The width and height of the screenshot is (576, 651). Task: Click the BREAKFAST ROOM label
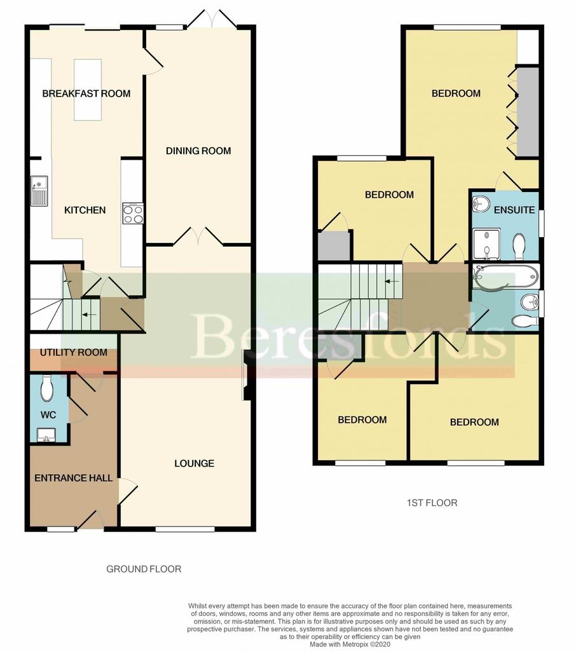tap(86, 93)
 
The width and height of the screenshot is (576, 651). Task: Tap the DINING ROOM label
tap(198, 151)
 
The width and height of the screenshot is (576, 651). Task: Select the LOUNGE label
tap(195, 463)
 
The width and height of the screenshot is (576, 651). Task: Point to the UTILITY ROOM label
tap(74, 352)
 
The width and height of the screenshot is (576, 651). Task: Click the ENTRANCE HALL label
tap(74, 478)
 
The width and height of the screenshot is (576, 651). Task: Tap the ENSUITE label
tap(514, 210)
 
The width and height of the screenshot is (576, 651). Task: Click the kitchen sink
tap(39, 191)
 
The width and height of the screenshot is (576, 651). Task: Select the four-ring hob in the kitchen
tap(134, 214)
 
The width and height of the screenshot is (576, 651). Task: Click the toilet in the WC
tap(47, 388)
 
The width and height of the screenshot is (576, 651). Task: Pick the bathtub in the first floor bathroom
tap(506, 277)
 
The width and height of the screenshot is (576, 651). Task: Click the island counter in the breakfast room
tap(88, 90)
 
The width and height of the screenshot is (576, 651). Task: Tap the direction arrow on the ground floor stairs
tap(89, 315)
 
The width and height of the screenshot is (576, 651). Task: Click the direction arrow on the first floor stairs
tap(392, 282)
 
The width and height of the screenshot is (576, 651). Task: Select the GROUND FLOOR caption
tap(144, 569)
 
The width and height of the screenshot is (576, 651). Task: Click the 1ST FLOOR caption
tap(432, 503)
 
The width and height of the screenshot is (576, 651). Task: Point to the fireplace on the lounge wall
tap(247, 375)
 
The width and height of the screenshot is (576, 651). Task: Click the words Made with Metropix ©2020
tap(350, 645)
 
